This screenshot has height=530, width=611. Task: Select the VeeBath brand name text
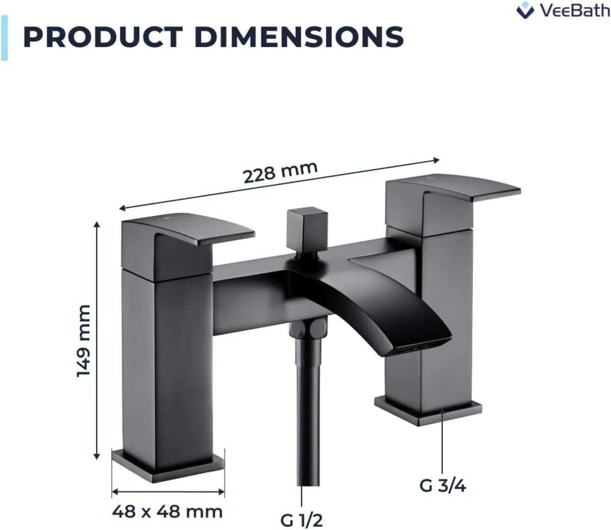(x=573, y=10)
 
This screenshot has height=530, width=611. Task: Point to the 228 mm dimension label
(x=280, y=172)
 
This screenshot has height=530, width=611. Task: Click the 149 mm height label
(x=84, y=341)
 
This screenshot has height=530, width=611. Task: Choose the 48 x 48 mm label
(x=168, y=511)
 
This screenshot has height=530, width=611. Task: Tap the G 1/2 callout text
(x=301, y=520)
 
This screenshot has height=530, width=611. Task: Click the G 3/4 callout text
(x=442, y=485)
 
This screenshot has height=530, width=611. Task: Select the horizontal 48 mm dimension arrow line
(x=168, y=492)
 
